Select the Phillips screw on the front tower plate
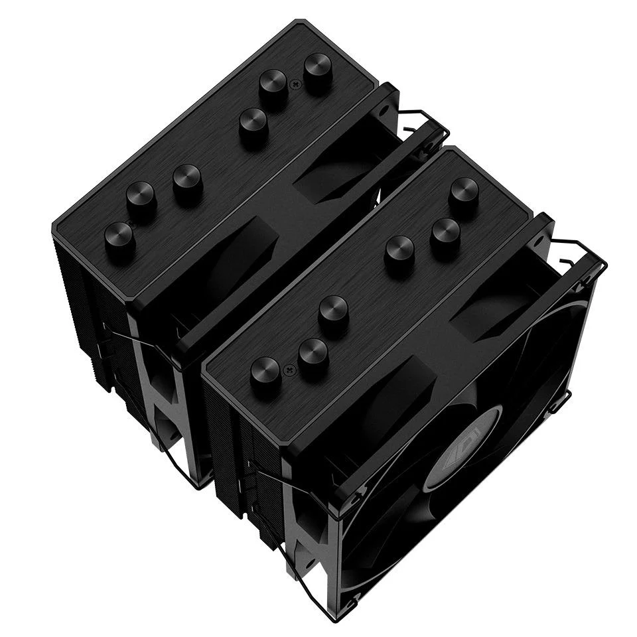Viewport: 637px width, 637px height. (289, 368)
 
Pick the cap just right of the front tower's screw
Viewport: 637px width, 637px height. (313, 356)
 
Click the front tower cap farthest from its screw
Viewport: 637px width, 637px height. (463, 193)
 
